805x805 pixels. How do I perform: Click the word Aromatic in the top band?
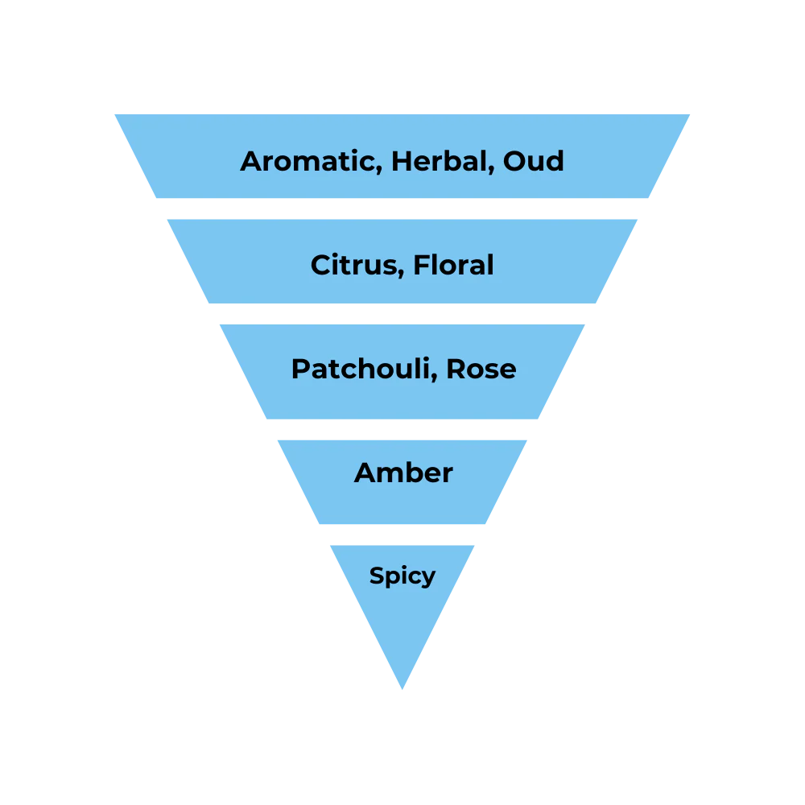[x=308, y=161]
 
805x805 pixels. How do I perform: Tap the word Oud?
[x=534, y=161]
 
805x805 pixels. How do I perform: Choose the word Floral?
[x=453, y=265]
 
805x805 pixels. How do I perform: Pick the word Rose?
[x=481, y=369]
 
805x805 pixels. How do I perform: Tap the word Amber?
[x=403, y=473]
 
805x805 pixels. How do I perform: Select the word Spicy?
[x=402, y=576]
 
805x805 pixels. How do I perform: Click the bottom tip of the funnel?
[x=402, y=691]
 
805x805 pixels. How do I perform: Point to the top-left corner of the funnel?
[x=113, y=112]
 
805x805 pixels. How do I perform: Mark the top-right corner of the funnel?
[x=692, y=112]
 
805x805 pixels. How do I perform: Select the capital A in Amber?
[x=365, y=473]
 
